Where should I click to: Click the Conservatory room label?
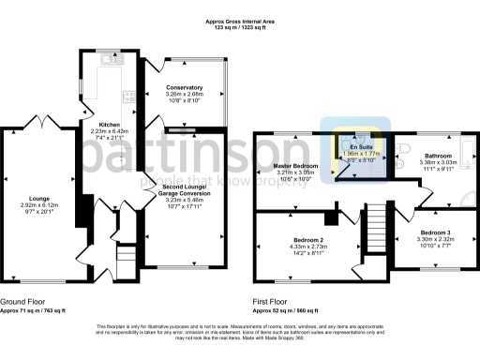click(184, 86)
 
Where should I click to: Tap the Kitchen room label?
click(111, 124)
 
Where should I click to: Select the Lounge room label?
click(38, 198)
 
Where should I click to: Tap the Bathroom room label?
click(438, 156)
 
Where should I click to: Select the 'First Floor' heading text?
click(273, 301)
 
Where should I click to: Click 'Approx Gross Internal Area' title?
click(240, 20)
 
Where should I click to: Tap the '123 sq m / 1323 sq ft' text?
click(240, 27)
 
